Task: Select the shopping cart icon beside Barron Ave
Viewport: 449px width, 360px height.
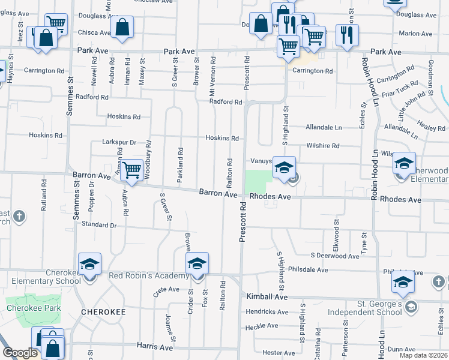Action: (x=131, y=169)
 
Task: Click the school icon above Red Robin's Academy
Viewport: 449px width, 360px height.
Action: (x=197, y=263)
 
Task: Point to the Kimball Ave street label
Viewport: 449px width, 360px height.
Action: (x=267, y=297)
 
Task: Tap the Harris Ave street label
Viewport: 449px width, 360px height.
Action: (x=155, y=347)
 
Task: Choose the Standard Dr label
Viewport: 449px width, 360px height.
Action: (x=98, y=225)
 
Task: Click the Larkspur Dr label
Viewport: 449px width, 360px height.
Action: (x=120, y=143)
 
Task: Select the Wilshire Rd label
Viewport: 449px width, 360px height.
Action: (x=323, y=146)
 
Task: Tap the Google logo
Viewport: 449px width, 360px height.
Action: (x=20, y=353)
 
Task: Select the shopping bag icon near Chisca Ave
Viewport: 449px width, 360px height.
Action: (x=122, y=27)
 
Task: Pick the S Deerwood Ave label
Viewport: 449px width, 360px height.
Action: (x=334, y=255)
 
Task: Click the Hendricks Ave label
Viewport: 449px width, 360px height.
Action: (x=267, y=312)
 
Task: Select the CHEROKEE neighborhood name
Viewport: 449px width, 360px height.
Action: (x=104, y=312)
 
